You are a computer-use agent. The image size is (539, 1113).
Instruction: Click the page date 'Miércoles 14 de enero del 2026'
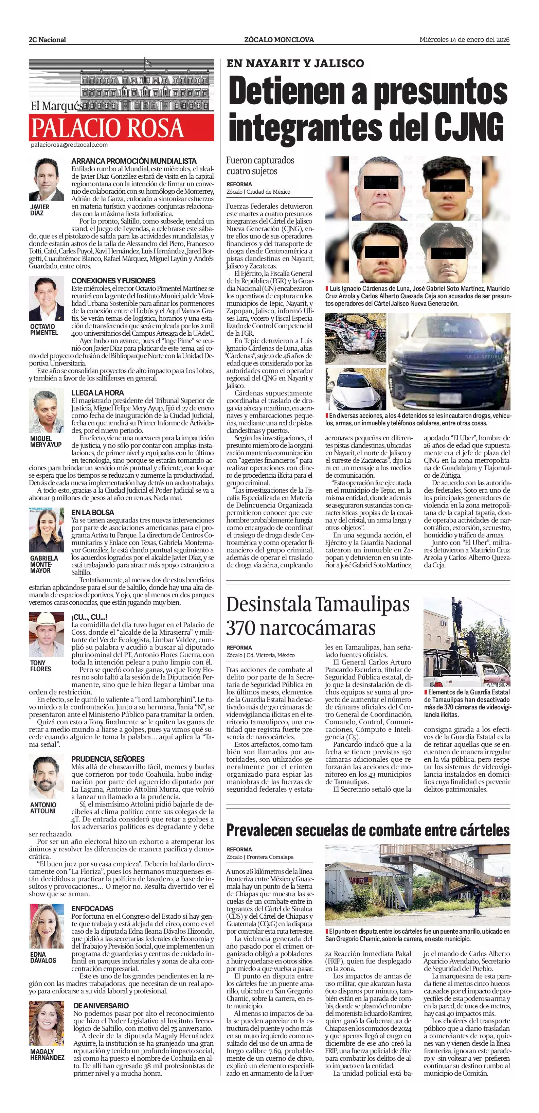[x=464, y=39]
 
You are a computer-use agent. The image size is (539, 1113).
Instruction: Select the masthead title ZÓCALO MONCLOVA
[x=279, y=40]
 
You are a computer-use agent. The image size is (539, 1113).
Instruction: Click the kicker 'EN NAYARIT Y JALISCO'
[x=295, y=64]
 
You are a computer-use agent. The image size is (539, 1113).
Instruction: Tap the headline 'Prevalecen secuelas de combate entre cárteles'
[x=368, y=830]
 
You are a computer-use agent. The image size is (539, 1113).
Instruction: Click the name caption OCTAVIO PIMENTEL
[x=43, y=330]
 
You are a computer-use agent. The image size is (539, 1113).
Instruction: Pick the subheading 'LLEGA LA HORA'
[x=97, y=393]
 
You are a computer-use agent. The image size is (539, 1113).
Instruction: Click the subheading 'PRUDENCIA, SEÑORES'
[x=108, y=759]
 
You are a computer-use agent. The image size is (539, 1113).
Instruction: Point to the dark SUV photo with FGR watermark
[x=449, y=361]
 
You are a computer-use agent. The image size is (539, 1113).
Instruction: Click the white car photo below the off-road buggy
[x=356, y=389]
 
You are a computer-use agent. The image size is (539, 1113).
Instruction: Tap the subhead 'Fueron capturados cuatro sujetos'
[x=260, y=166]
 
